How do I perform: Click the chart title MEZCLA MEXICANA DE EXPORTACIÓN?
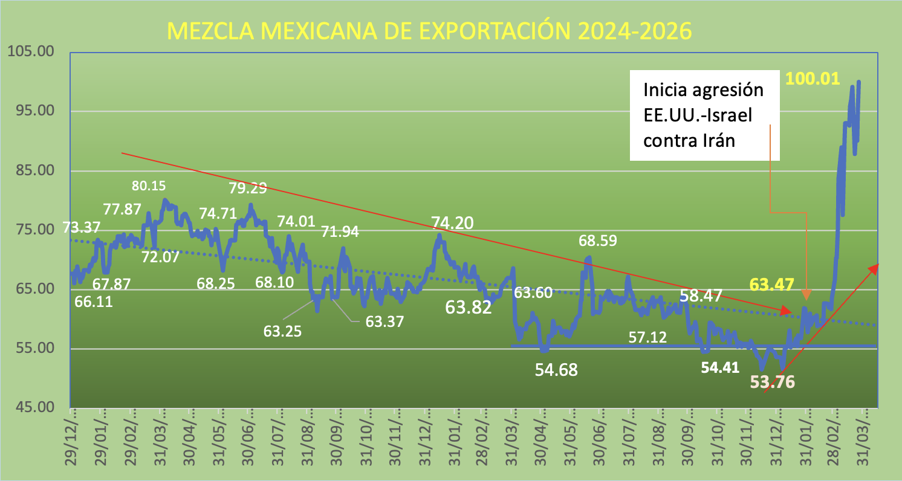coord(429,31)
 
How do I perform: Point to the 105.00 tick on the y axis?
coord(29,52)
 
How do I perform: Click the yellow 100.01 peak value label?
coord(813,78)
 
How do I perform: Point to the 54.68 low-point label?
coord(556,370)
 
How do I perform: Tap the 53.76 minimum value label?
coord(773,382)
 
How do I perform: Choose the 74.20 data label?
coord(452,223)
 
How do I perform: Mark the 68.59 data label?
coord(597,241)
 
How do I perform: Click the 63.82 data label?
coord(469,307)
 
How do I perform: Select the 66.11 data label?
coord(94,301)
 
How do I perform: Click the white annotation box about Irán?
coord(704,115)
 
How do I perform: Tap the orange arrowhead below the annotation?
coord(806,295)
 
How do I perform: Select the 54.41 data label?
coord(721,367)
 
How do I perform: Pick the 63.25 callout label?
coord(284,331)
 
